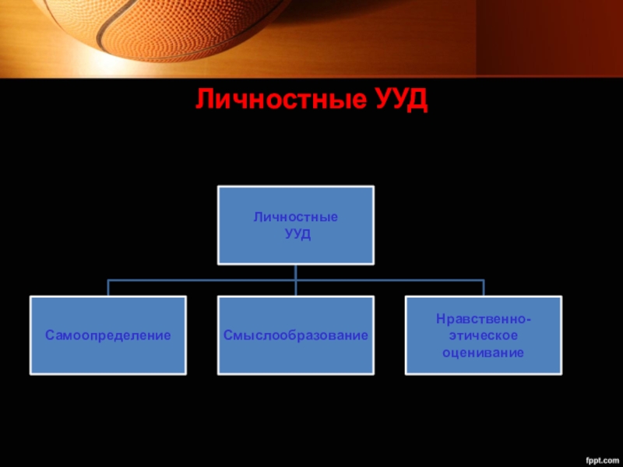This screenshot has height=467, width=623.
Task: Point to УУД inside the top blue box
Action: pyautogui.click(x=296, y=234)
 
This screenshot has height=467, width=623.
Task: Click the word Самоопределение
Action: pyautogui.click(x=107, y=335)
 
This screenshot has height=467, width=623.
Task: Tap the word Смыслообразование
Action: pyautogui.click(x=296, y=335)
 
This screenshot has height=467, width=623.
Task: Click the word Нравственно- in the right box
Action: pyautogui.click(x=484, y=319)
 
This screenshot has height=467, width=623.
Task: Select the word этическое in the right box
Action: pyautogui.click(x=484, y=335)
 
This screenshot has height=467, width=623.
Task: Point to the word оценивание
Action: pyautogui.click(x=484, y=352)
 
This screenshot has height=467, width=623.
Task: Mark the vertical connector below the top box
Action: pyautogui.click(x=296, y=272)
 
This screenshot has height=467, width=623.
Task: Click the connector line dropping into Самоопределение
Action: pyautogui.click(x=108, y=287)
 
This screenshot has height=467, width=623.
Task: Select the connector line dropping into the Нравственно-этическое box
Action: pyautogui.click(x=484, y=287)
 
